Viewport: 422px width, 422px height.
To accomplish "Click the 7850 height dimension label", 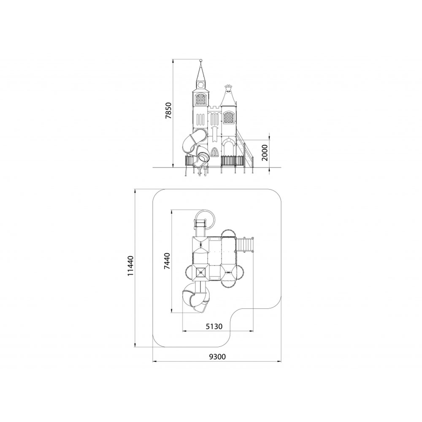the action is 168,111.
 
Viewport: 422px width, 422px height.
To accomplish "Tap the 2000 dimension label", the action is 265,153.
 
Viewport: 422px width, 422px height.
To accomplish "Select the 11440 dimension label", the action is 131,266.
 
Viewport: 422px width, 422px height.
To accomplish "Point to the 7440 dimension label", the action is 167,261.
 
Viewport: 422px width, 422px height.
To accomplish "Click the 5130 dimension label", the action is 214,326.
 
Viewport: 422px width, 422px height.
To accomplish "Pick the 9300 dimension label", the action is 217,357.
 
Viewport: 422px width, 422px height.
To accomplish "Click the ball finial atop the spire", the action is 200,60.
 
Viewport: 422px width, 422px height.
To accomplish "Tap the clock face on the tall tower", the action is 200,85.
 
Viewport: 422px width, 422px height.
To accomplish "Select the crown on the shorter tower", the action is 228,88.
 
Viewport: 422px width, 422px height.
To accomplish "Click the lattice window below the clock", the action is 200,99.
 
